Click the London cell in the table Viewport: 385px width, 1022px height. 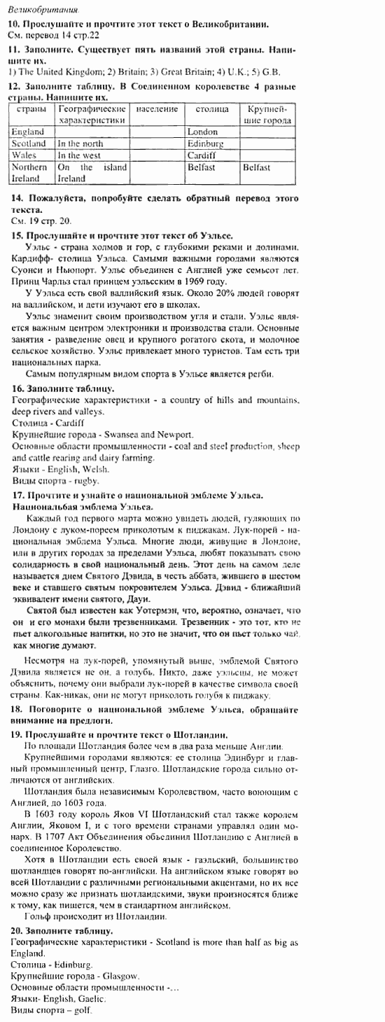coord(203,132)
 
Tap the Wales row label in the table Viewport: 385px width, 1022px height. coord(24,155)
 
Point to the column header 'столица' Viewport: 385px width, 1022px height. coord(211,110)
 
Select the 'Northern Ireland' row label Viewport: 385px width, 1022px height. coord(30,173)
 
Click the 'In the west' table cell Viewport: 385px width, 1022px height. coord(79,155)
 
